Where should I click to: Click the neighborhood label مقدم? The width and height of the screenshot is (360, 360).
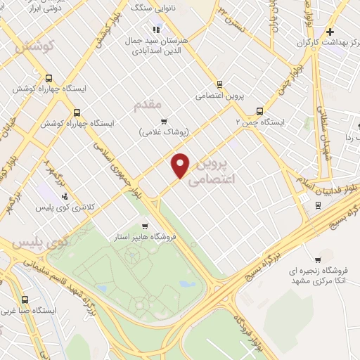(147, 105)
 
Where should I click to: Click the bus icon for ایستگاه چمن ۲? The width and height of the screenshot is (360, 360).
(260, 111)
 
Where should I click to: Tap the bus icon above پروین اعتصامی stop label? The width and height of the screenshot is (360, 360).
(220, 83)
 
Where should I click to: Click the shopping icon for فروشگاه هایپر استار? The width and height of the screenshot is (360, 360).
(144, 226)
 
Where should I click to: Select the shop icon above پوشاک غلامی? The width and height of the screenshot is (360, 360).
(164, 122)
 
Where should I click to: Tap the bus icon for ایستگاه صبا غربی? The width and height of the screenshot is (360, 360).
(25, 299)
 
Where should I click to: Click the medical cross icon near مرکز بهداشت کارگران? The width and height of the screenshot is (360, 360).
(330, 32)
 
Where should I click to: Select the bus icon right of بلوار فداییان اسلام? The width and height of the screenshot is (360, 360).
(318, 205)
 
